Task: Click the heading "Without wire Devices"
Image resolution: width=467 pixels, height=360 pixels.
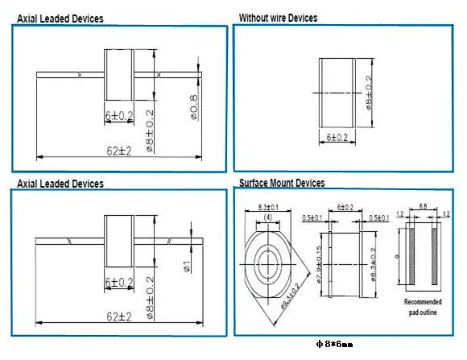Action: pos(278,18)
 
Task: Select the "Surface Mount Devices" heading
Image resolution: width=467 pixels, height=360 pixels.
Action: pos(282,184)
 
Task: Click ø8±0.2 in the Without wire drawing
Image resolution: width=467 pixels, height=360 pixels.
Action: pos(370,93)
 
